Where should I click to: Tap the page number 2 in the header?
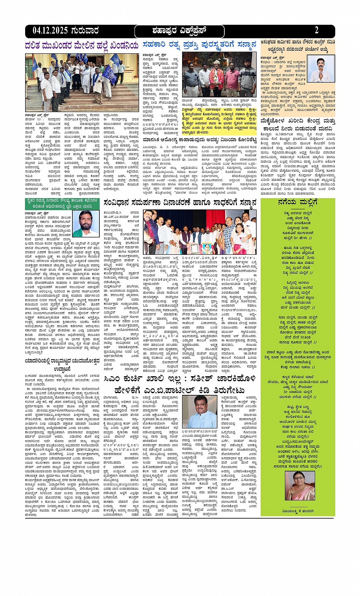click(x=317, y=31)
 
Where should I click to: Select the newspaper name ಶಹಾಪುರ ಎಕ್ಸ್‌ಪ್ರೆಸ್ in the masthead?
click(x=179, y=31)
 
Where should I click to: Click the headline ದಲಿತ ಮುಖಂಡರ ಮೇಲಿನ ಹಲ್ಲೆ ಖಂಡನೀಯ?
click(x=82, y=46)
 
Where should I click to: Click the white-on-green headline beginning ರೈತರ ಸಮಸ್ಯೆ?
click(x=64, y=203)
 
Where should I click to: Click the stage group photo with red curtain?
click(x=199, y=232)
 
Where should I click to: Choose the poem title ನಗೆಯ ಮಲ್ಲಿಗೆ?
click(x=298, y=202)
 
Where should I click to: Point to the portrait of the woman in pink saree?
click(x=300, y=485)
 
